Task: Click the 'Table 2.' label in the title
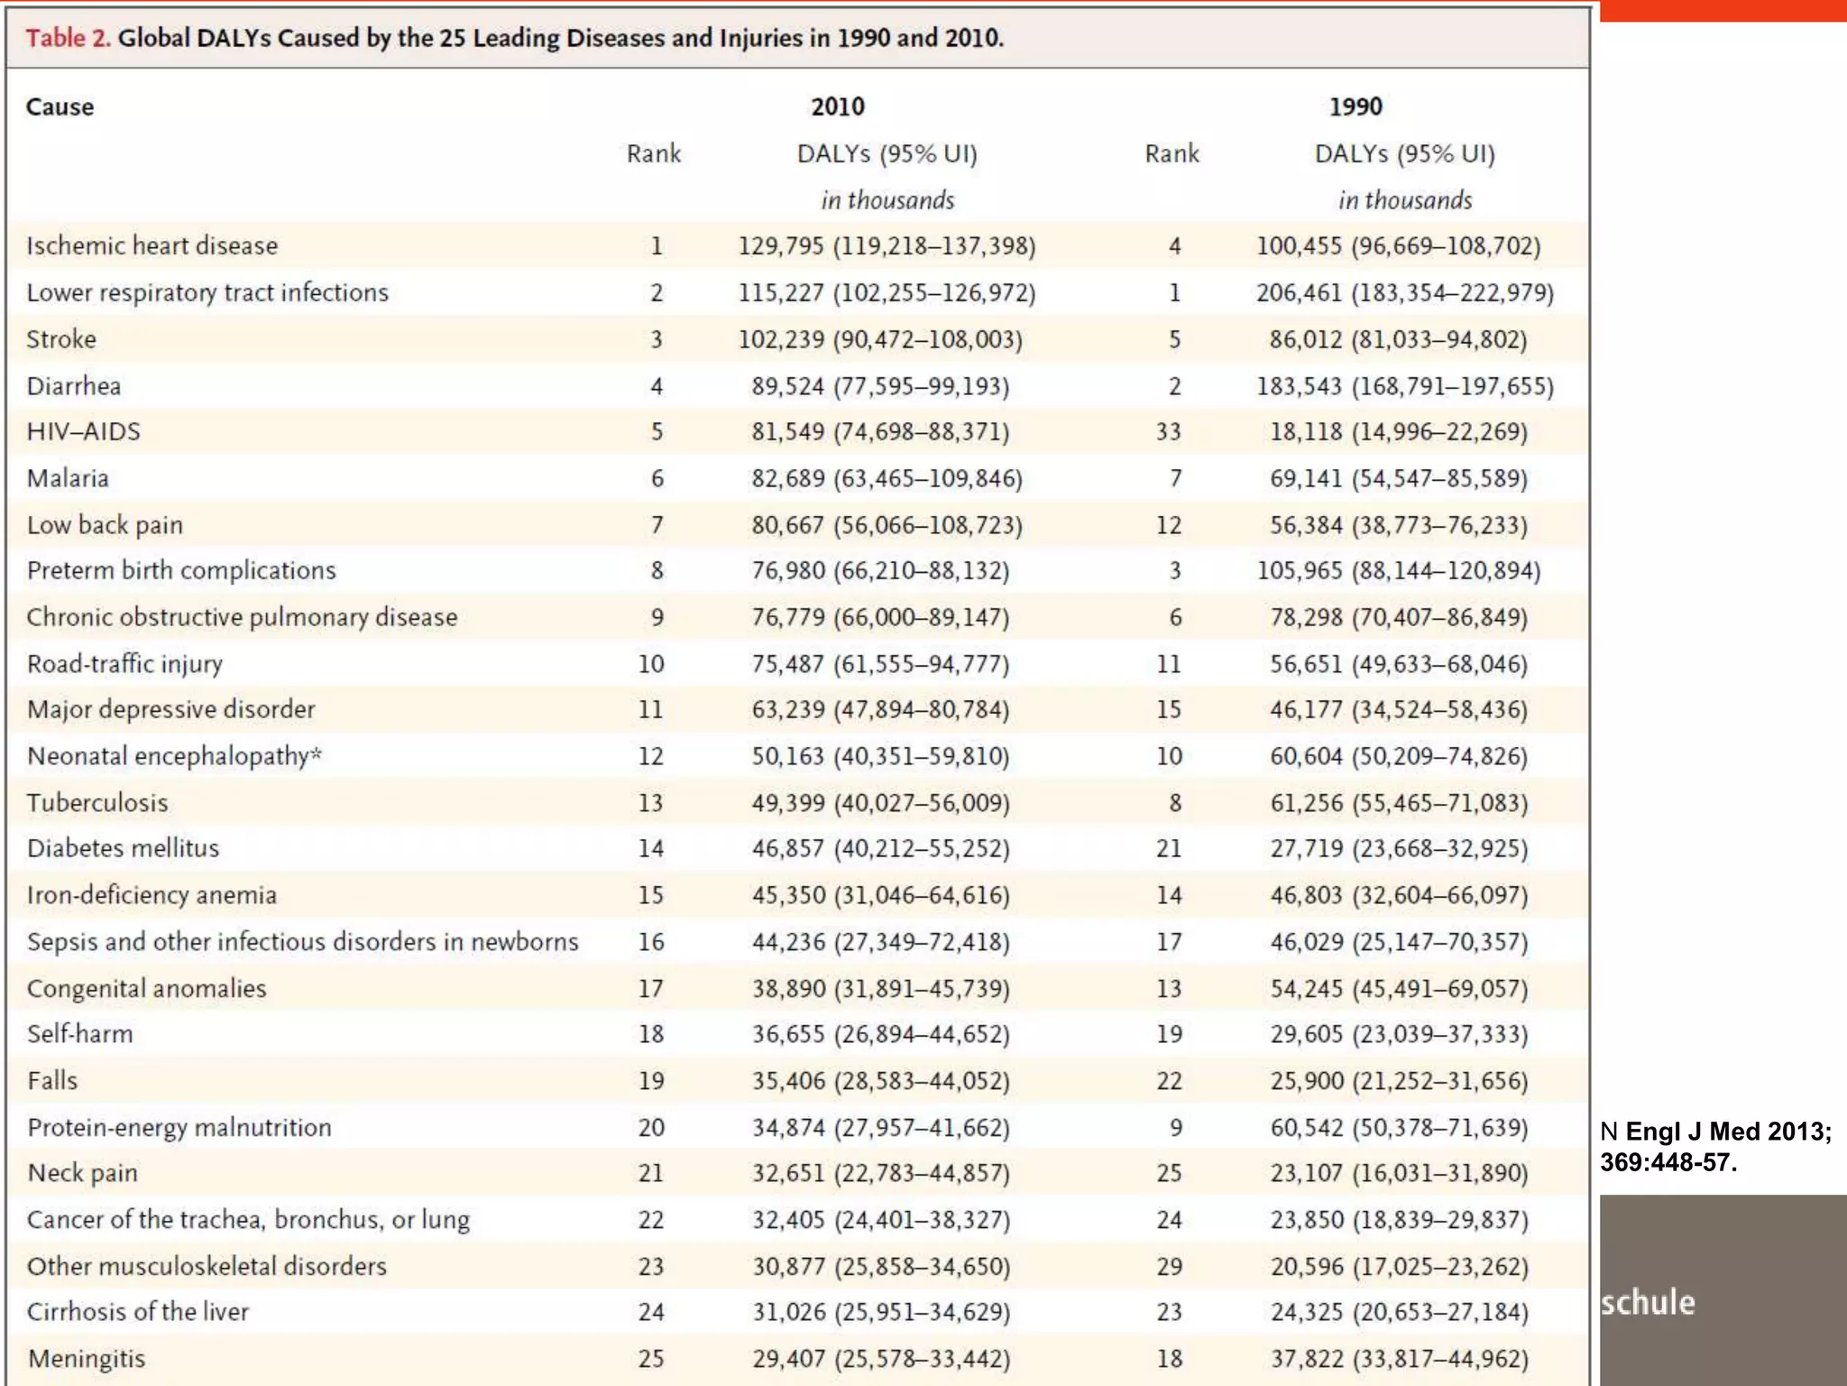point(68,38)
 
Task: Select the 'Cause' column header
point(60,106)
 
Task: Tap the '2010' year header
point(837,106)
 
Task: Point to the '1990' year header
point(1355,106)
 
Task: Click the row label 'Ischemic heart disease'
point(152,245)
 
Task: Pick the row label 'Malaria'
point(68,478)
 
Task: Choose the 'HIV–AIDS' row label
point(83,431)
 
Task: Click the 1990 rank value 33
point(1169,431)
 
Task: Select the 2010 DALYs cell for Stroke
point(880,339)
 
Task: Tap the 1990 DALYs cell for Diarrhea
point(1405,386)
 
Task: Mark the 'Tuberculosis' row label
point(97,802)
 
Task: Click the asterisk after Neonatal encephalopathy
point(316,753)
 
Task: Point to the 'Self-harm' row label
point(79,1033)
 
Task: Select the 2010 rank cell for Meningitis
point(651,1358)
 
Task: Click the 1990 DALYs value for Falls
point(1399,1080)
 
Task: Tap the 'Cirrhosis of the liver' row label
point(137,1311)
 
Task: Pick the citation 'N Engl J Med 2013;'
point(1715,1132)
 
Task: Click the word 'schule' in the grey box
point(1648,1302)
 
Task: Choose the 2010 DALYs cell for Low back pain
point(887,525)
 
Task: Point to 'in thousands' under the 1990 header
point(1405,199)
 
